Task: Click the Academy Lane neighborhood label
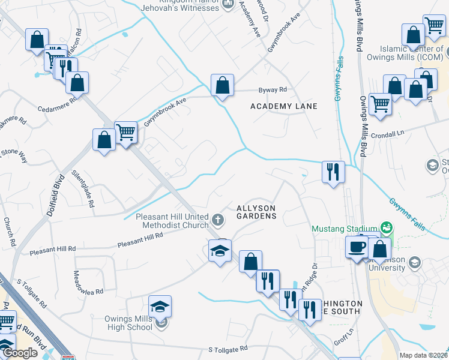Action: pos(283,106)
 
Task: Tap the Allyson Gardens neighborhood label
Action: pos(256,211)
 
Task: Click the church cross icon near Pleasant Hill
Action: pos(218,220)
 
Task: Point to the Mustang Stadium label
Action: pos(344,229)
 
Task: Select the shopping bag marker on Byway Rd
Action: pos(222,86)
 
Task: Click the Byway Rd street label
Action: pos(273,90)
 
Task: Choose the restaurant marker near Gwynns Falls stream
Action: pos(333,172)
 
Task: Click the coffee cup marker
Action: pos(357,247)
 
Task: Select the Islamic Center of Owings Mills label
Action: pos(412,54)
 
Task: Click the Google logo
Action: pos(20,353)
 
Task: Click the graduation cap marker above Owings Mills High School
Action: pos(160,307)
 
